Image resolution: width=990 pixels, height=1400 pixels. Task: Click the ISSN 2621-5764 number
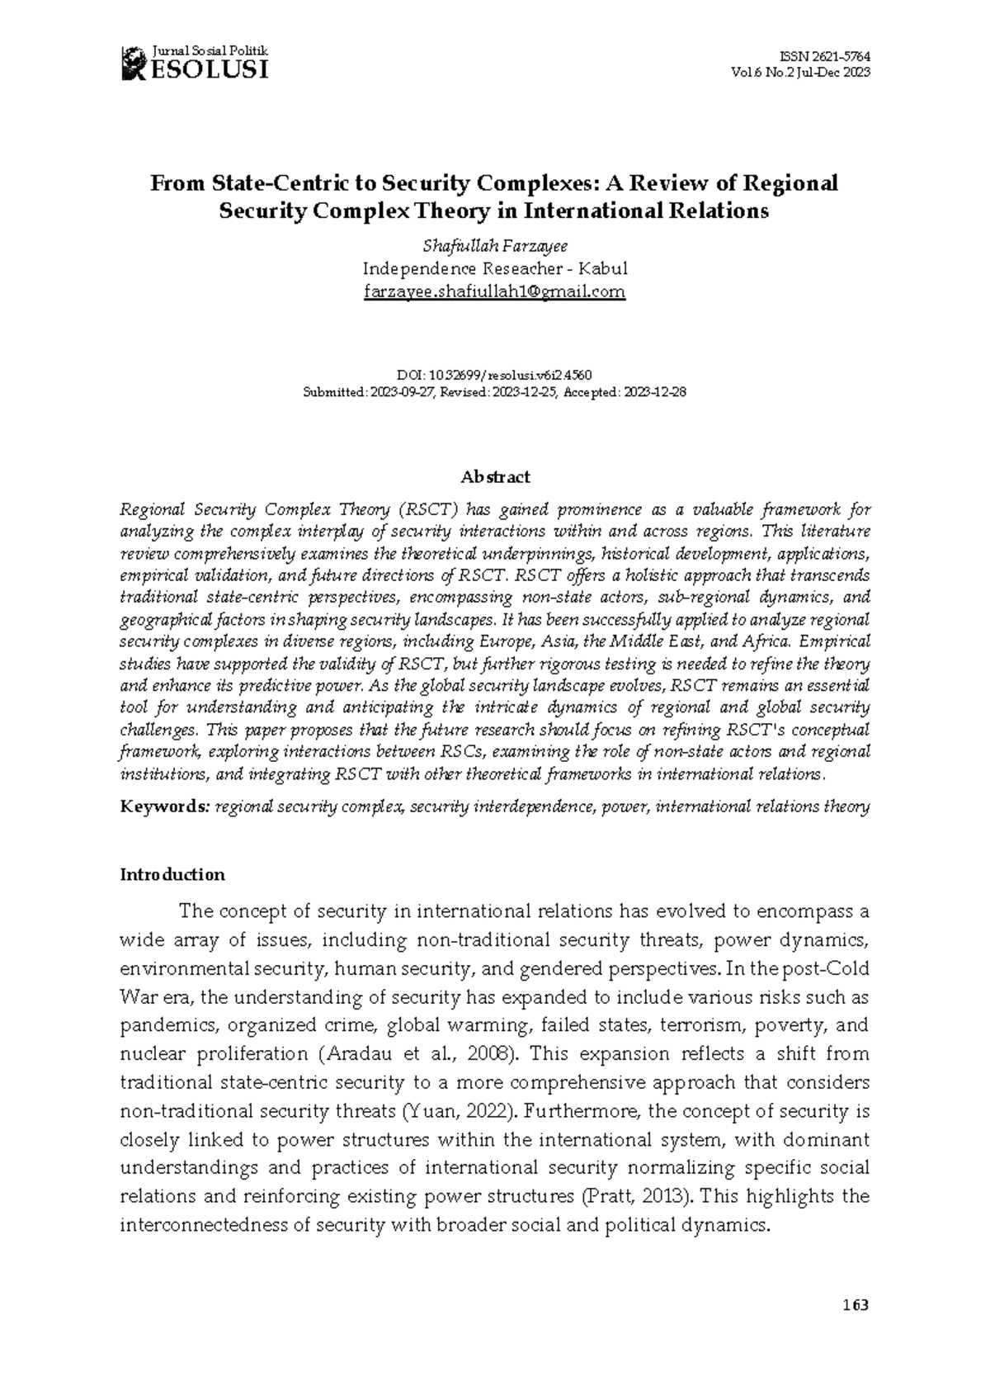[824, 56]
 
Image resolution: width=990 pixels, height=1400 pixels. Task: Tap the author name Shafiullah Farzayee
[494, 246]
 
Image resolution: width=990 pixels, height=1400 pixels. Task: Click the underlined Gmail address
[494, 291]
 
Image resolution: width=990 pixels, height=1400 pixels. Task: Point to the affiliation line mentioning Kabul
[495, 268]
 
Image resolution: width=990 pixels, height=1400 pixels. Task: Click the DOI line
[493, 375]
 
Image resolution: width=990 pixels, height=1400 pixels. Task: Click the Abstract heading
[494, 476]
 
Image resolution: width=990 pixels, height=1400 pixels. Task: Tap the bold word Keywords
[164, 806]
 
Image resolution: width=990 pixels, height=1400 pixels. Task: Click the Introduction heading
[172, 874]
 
